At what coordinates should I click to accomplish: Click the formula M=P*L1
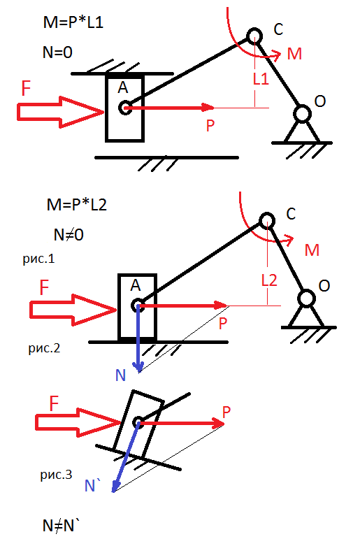[73, 22]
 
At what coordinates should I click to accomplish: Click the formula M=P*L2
[77, 205]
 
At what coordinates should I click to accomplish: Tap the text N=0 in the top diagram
[57, 52]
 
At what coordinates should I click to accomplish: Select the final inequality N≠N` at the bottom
[61, 526]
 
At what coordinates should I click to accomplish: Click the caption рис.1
[39, 259]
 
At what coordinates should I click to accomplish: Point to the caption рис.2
[44, 348]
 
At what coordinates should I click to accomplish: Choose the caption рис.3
[56, 475]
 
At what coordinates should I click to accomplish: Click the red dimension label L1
[261, 79]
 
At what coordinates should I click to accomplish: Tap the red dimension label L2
[269, 280]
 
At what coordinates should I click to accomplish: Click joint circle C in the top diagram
[254, 36]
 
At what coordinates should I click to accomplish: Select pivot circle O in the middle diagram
[306, 299]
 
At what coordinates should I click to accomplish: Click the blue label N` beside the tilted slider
[92, 485]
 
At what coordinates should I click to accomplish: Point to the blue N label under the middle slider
[120, 375]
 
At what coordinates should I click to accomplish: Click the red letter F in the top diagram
[26, 88]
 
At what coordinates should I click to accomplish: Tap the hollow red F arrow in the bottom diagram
[78, 422]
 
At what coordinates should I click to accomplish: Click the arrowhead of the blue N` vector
[115, 487]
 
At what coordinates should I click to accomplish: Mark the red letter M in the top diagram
[294, 54]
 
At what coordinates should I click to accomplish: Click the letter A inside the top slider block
[123, 87]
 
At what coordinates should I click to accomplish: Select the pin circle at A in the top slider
[125, 108]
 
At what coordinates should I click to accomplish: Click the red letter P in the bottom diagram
[226, 412]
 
